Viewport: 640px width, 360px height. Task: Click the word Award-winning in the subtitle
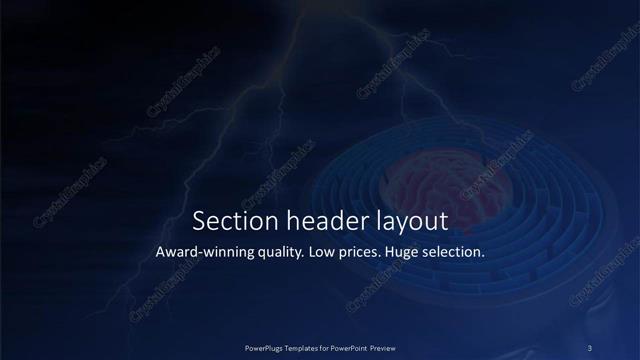tap(204, 253)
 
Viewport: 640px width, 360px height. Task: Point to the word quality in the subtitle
tap(277, 253)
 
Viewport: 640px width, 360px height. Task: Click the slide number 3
tap(589, 347)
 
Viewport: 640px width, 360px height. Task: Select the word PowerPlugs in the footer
tap(266, 347)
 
